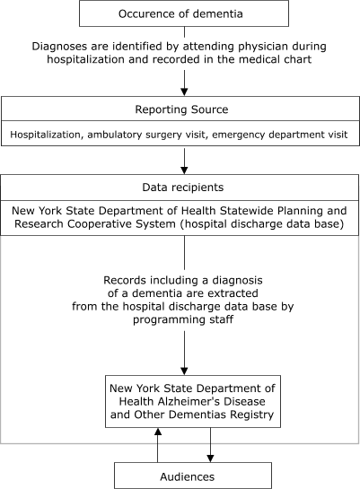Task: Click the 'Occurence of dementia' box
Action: pos(184,13)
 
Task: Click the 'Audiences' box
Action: pos(192,475)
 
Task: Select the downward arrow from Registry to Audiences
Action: pos(212,445)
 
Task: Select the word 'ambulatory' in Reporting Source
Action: pos(129,135)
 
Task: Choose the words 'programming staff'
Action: pos(184,318)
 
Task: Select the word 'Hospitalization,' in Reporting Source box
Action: pos(49,135)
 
